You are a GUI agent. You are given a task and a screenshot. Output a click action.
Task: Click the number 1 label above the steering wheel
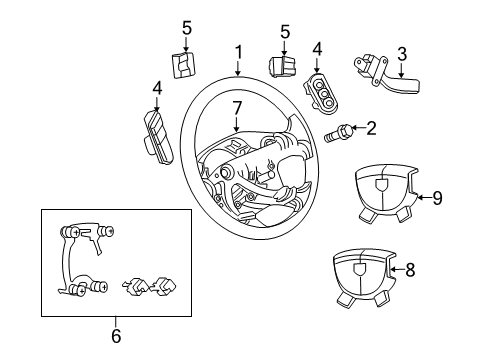click(238, 51)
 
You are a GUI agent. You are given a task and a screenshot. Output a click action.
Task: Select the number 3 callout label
click(401, 53)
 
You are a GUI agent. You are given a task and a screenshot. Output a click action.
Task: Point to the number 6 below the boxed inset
click(115, 336)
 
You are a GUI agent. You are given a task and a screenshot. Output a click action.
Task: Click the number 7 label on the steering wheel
click(236, 107)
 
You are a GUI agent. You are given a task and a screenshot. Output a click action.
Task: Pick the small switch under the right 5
click(281, 68)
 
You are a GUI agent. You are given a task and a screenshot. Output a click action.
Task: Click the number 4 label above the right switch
click(317, 48)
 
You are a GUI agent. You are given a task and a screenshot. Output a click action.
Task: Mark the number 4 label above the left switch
click(157, 88)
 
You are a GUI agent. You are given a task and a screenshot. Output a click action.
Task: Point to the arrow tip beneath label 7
click(236, 133)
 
